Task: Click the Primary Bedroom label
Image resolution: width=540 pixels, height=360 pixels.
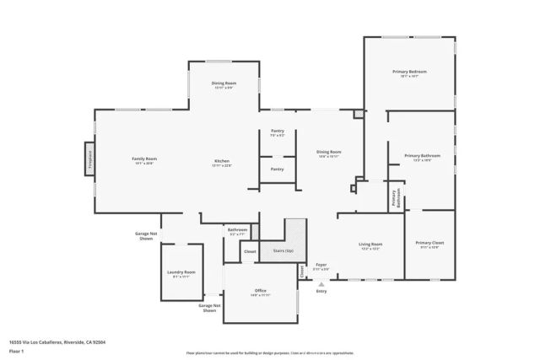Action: point(409,73)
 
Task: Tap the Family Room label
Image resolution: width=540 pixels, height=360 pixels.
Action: point(144,159)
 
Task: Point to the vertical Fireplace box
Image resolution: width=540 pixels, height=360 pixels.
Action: point(89,159)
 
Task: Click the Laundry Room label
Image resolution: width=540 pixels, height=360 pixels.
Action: point(181,272)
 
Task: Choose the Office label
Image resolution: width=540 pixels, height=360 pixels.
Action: point(260,291)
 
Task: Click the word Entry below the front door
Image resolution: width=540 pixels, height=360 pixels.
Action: point(321,291)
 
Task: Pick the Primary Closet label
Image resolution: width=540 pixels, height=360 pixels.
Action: point(429,244)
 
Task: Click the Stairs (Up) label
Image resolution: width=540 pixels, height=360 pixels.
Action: point(283,250)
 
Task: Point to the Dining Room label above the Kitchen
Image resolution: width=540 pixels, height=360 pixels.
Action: point(224,83)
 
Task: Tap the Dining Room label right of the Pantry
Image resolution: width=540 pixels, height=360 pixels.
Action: point(329,153)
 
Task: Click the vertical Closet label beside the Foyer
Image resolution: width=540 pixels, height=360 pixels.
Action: point(301,271)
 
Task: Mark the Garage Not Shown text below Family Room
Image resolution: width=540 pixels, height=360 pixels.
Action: point(146,236)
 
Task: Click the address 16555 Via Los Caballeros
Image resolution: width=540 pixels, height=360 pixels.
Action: point(57,342)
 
